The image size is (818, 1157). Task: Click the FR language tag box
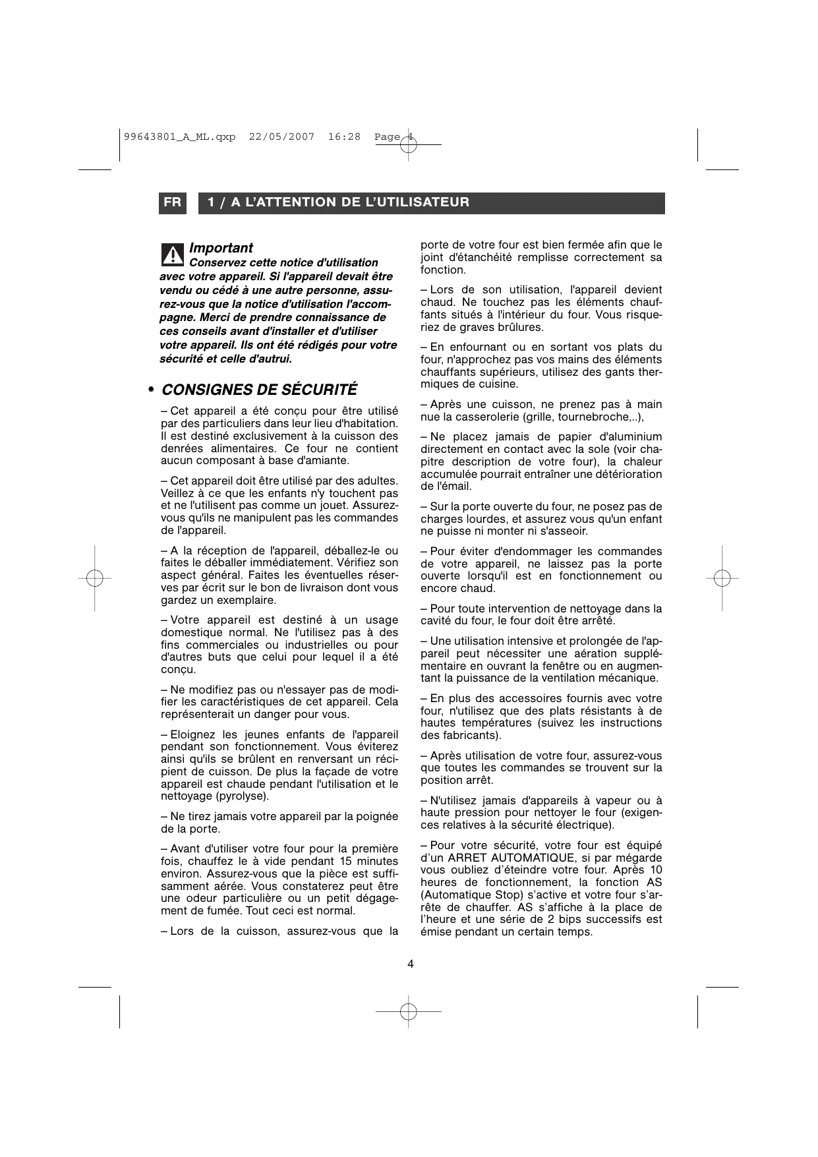pos(173,202)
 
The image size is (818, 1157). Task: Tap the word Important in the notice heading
pos(221,248)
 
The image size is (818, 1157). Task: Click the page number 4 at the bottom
pos(411,964)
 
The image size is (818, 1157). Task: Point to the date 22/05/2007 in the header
pos(281,136)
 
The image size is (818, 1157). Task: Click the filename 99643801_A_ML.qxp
pos(179,136)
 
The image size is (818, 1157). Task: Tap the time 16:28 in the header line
pos(344,136)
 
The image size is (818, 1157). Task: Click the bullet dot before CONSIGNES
pos(151,390)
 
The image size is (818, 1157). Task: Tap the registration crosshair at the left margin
pos(94,578)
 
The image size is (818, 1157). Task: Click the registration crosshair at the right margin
pos(722,578)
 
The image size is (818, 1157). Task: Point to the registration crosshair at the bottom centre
pos(409,1011)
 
